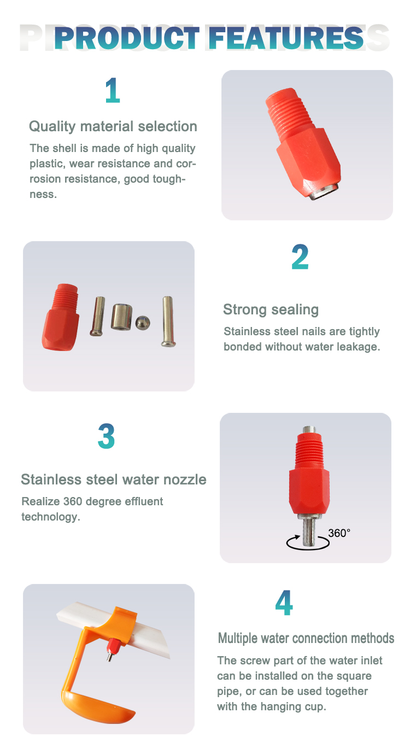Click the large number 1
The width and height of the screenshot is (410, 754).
pyautogui.click(x=113, y=90)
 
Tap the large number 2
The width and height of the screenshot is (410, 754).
pyautogui.click(x=300, y=257)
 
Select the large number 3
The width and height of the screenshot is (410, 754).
pyautogui.click(x=107, y=436)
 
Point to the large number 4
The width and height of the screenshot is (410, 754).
pyautogui.click(x=284, y=603)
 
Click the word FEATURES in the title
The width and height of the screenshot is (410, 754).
pyautogui.click(x=286, y=38)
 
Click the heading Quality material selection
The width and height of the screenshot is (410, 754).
pyautogui.click(x=113, y=126)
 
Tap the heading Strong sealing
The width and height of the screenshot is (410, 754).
pyautogui.click(x=271, y=309)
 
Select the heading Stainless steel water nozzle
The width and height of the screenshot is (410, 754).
pyautogui.click(x=114, y=480)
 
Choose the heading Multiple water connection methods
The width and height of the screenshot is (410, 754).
pyautogui.click(x=306, y=638)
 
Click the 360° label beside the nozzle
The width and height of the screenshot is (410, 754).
pyautogui.click(x=339, y=533)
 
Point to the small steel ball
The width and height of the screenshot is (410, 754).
pyautogui.click(x=143, y=323)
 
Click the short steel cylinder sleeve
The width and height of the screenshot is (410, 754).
pyautogui.click(x=121, y=317)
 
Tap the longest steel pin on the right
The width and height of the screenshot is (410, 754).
pyautogui.click(x=168, y=321)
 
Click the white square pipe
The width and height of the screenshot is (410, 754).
pyautogui.click(x=114, y=627)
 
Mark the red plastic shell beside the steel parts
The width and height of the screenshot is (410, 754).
pyautogui.click(x=61, y=317)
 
